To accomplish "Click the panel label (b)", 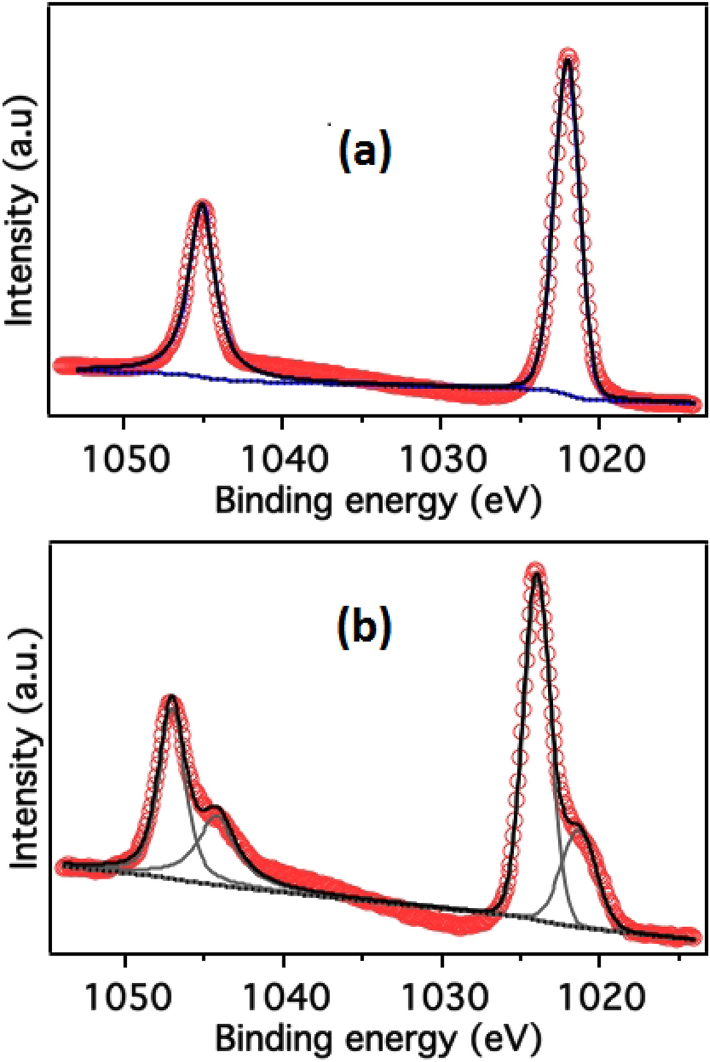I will [x=364, y=628].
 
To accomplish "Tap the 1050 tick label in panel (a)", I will [x=125, y=460].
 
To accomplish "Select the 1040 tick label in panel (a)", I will [x=283, y=460].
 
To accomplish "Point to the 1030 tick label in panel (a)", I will [x=441, y=460].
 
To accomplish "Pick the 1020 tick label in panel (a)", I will [x=599, y=460].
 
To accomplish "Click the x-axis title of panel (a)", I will [x=378, y=502].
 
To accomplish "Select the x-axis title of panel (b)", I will [x=378, y=1040].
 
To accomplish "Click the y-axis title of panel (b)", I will [x=23, y=747].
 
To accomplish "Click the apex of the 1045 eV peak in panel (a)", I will [x=202, y=205].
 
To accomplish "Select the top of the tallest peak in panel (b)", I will [x=536, y=570].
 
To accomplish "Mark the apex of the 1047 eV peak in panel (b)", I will [x=172, y=698].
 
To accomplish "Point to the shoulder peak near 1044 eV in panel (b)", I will [x=216, y=810].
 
